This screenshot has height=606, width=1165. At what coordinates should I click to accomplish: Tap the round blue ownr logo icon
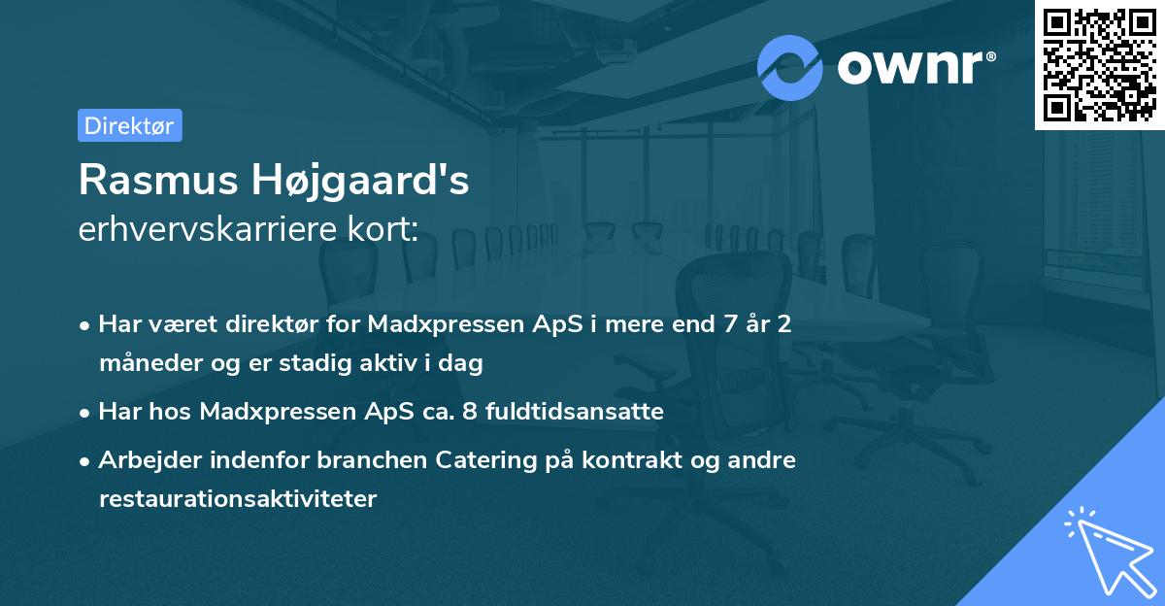pyautogui.click(x=789, y=67)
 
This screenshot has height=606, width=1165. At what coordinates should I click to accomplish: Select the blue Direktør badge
pyautogui.click(x=129, y=125)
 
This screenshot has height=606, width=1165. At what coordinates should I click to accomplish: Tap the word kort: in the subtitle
pyautogui.click(x=387, y=230)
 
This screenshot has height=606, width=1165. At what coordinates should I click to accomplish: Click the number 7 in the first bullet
pyautogui.click(x=720, y=324)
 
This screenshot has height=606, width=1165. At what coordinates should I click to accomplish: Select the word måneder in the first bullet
pyautogui.click(x=144, y=364)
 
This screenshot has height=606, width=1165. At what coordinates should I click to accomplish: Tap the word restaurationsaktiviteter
pyautogui.click(x=237, y=499)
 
